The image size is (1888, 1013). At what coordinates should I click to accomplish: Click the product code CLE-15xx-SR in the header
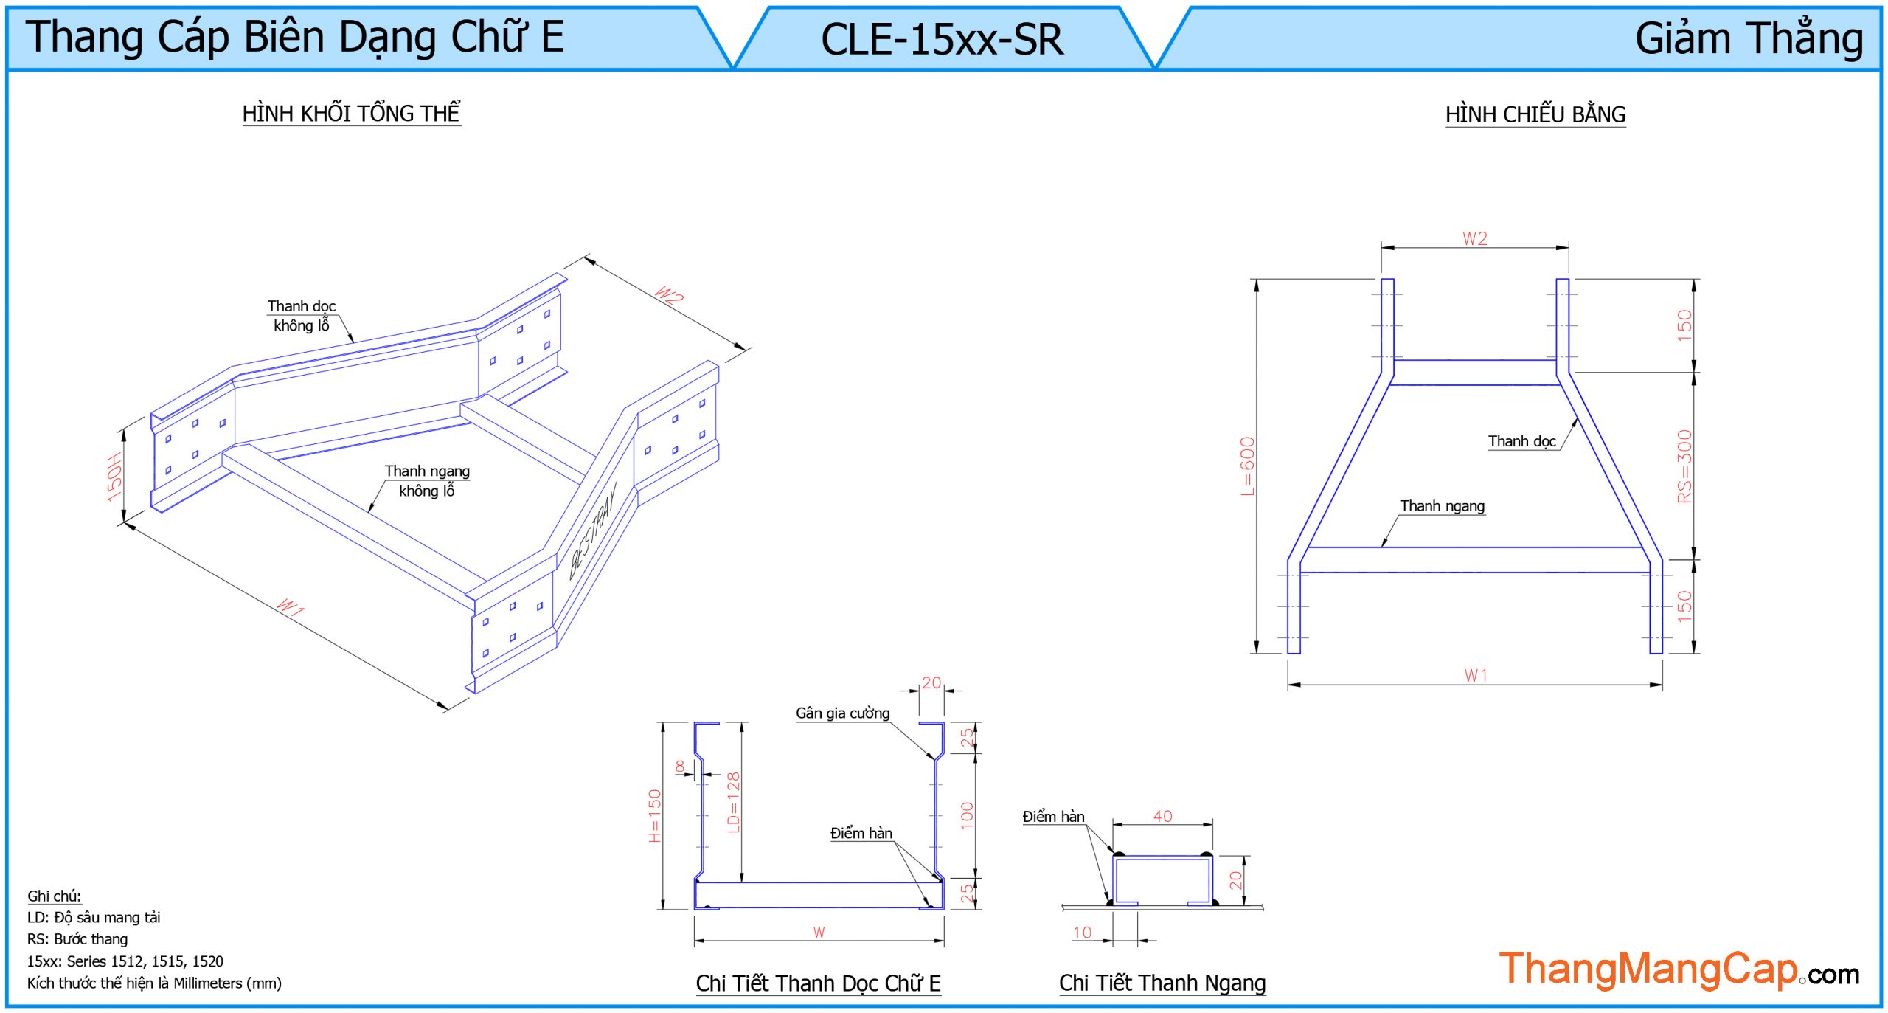[942, 39]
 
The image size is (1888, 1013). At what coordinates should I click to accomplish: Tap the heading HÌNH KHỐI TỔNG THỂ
[351, 114]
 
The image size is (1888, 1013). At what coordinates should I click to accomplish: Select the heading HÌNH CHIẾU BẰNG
[1535, 115]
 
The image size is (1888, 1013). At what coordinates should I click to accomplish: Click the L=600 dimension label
[1247, 466]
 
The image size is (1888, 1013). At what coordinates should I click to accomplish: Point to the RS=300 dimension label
[1684, 466]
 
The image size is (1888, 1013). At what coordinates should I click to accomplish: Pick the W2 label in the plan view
[1475, 238]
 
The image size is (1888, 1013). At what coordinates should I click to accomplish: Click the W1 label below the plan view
[1476, 675]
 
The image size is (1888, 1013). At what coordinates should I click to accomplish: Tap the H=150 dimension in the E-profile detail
[655, 815]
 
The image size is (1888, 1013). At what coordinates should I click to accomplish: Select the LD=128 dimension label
[733, 802]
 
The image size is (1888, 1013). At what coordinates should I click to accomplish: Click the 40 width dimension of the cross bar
[1162, 816]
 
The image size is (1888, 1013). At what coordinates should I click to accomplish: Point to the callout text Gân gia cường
[842, 713]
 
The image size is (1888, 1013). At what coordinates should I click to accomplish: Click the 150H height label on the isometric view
[114, 477]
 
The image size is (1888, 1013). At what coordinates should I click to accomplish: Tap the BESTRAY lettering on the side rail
[592, 530]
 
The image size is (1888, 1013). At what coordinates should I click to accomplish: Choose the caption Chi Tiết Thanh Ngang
[1162, 983]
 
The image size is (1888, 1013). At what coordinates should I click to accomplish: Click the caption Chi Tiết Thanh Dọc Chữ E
[818, 983]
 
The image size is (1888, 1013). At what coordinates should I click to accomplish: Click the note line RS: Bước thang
[77, 939]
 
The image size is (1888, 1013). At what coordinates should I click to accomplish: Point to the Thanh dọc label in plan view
[1521, 441]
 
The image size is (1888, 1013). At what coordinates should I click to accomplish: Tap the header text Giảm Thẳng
[1749, 38]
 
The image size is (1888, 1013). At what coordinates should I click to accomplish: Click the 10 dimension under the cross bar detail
[1082, 932]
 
